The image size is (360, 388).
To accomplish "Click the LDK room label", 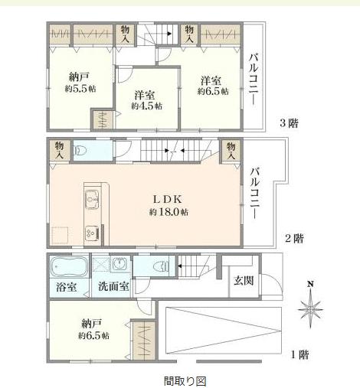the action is pyautogui.click(x=167, y=199).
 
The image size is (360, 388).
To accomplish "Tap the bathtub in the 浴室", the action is pyautogui.click(x=69, y=267).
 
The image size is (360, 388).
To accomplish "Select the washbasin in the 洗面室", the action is pyautogui.click(x=120, y=264).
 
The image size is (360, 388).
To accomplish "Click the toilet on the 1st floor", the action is pyautogui.click(x=162, y=267).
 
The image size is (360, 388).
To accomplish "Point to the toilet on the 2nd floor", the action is pyautogui.click(x=80, y=151).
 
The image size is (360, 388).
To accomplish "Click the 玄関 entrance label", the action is pyautogui.click(x=244, y=281).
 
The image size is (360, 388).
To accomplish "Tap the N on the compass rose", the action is pyautogui.click(x=310, y=284).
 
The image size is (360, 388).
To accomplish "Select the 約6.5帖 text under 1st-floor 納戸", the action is pyautogui.click(x=93, y=335).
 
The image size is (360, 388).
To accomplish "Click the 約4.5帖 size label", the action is pyautogui.click(x=147, y=106).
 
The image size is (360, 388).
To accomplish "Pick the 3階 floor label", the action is pyautogui.click(x=289, y=123).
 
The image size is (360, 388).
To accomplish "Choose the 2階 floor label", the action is pyautogui.click(x=294, y=239).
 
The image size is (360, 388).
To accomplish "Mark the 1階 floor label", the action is pyautogui.click(x=300, y=355).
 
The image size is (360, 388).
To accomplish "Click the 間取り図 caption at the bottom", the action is pyautogui.click(x=185, y=381).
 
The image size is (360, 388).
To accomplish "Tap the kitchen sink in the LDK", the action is pyautogui.click(x=91, y=200).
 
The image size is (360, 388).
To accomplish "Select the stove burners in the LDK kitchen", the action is pyautogui.click(x=92, y=233).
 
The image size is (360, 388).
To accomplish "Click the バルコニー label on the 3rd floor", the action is pyautogui.click(x=254, y=79).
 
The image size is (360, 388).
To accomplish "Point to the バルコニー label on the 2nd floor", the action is pyautogui.click(x=255, y=193).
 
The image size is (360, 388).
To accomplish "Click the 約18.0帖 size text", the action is pyautogui.click(x=169, y=212).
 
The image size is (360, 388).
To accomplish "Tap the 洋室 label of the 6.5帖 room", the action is pyautogui.click(x=211, y=80).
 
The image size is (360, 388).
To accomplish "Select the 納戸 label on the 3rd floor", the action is pyautogui.click(x=79, y=77).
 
